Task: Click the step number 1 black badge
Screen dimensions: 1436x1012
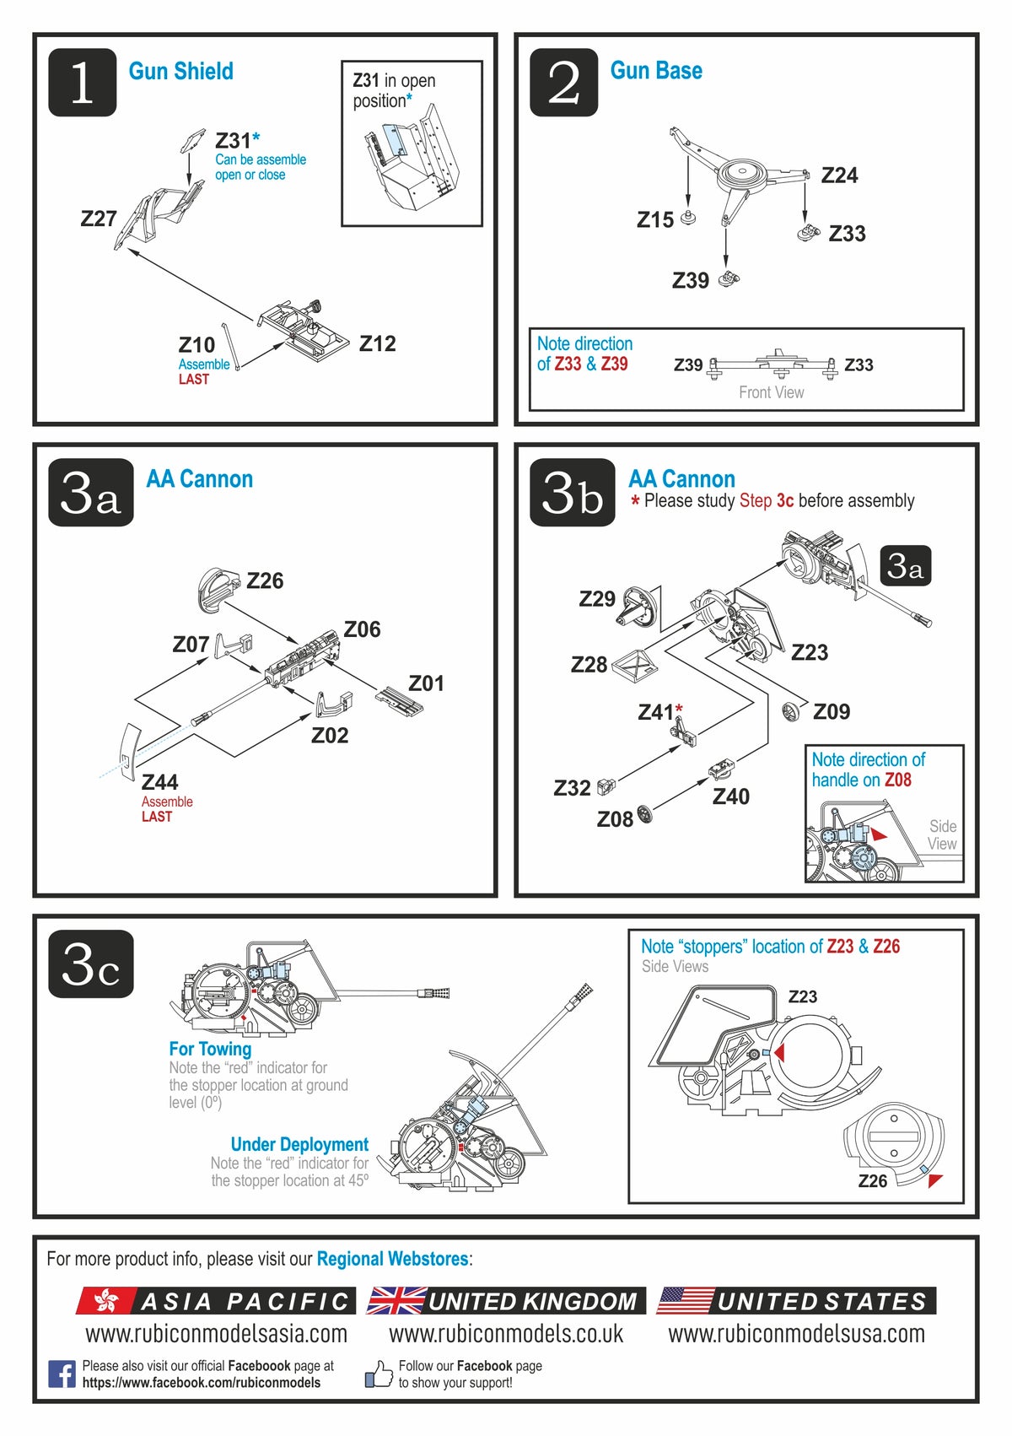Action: point(82,82)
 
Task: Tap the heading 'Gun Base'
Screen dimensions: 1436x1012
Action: point(656,71)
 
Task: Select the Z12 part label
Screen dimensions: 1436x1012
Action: point(377,343)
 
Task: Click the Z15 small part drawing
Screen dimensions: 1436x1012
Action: point(688,218)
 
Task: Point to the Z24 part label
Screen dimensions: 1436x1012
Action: point(839,175)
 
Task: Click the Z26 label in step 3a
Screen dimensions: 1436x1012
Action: point(265,580)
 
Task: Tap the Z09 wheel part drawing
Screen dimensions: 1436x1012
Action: point(791,711)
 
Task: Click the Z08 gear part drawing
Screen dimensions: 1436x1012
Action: point(645,814)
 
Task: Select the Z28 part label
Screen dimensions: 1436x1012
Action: point(589,665)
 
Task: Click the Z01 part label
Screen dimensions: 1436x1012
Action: point(426,683)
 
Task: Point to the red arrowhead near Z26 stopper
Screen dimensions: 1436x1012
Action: point(934,1180)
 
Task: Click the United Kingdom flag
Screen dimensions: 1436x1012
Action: point(396,1301)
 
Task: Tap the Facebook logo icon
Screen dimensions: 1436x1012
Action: point(62,1374)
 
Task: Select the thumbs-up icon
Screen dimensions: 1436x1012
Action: point(379,1374)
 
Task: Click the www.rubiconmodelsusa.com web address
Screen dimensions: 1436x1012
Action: point(796,1334)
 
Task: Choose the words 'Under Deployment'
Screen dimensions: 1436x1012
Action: point(299,1144)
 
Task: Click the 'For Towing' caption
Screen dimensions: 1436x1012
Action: point(210,1049)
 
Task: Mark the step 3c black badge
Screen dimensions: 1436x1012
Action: point(90,964)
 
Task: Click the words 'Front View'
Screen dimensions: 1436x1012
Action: point(771,392)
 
